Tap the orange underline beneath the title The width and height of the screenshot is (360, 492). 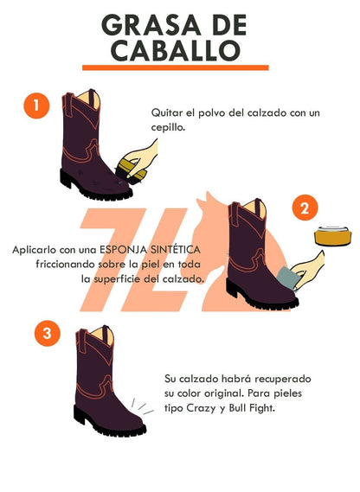pyautogui.click(x=175, y=67)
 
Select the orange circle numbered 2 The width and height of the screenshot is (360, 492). pyautogui.click(x=302, y=208)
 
